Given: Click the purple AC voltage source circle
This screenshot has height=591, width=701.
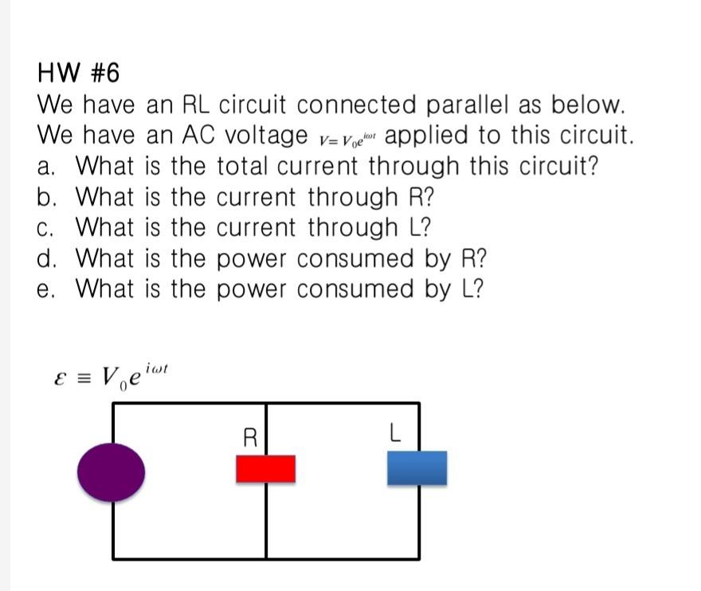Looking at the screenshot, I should coord(112,472).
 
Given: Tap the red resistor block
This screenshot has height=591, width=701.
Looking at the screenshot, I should coord(265,469).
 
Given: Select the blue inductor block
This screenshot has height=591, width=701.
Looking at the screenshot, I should coord(417,468).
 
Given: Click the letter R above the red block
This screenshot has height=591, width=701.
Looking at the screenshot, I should coord(250,437).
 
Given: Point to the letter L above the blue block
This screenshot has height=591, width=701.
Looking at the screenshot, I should coord(394,435).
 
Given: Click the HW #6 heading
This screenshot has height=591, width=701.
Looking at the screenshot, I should coord(78,73).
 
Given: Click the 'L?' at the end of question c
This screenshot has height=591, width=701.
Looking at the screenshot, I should coord(419,228).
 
